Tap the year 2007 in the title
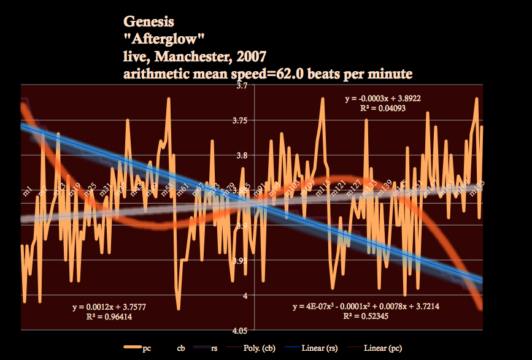point(249,58)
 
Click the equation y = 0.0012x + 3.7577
point(109,307)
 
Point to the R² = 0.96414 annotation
point(109,317)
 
